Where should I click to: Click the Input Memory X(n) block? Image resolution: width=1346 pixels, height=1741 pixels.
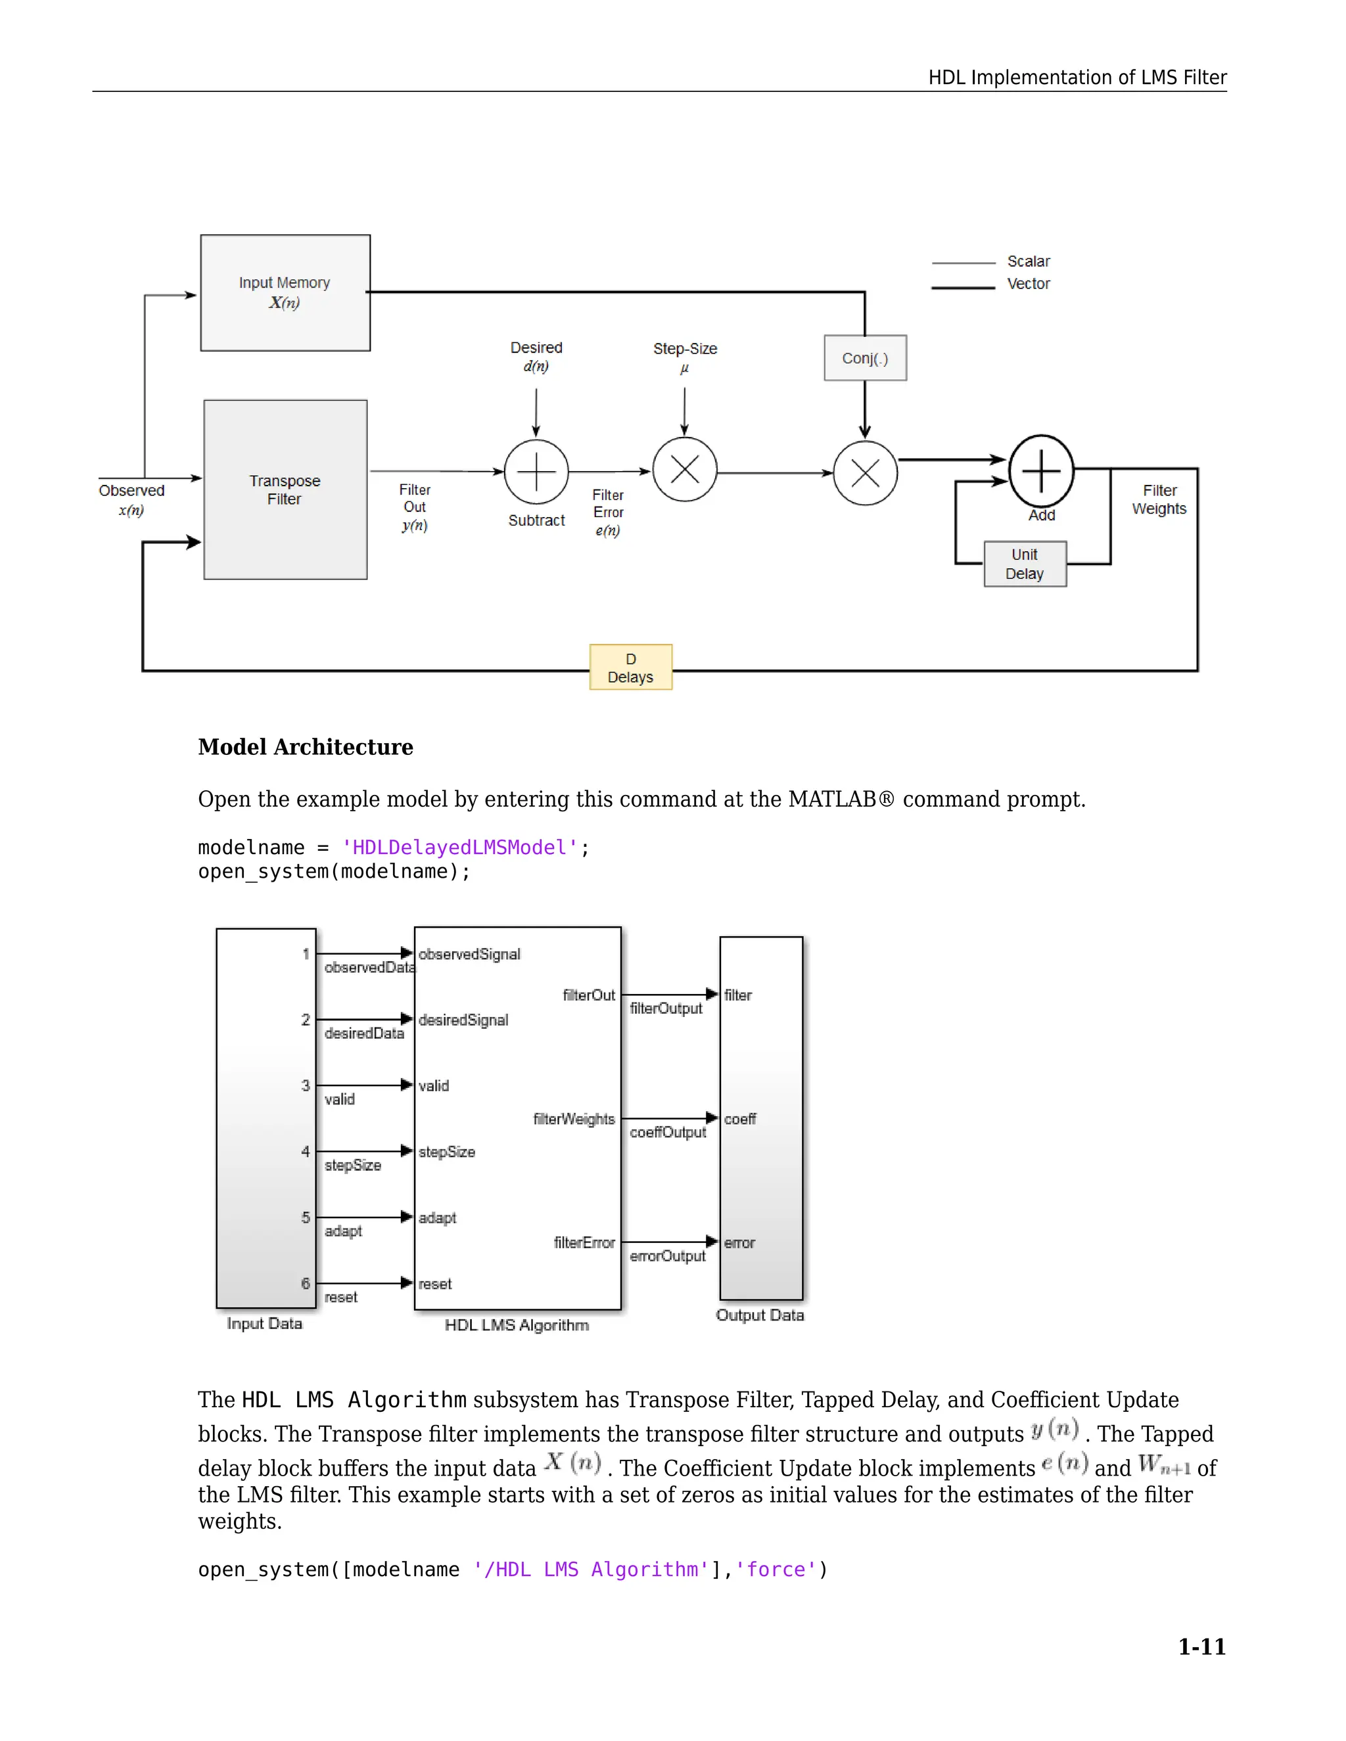click(x=285, y=292)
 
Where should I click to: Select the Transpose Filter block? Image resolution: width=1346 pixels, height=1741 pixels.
click(x=285, y=489)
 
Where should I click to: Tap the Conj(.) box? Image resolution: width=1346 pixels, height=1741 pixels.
click(x=864, y=358)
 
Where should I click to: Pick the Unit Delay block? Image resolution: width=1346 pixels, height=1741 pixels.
click(x=1024, y=564)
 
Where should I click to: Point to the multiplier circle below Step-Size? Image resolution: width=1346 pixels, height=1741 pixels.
click(x=684, y=470)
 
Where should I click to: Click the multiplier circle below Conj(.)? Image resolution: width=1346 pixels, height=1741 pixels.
click(x=864, y=473)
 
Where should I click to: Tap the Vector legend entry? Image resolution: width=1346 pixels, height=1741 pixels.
click(x=1028, y=284)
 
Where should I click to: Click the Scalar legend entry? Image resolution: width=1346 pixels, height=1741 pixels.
click(x=1028, y=261)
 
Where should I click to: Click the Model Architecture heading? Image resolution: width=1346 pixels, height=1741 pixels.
click(x=306, y=747)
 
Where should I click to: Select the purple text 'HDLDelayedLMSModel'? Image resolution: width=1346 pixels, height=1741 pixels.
click(x=459, y=847)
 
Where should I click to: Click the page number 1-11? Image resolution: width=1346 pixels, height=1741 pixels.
click(x=1201, y=1646)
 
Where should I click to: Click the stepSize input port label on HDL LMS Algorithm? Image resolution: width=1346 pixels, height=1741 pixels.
click(x=446, y=1151)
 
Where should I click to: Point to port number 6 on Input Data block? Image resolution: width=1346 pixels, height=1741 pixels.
click(x=306, y=1282)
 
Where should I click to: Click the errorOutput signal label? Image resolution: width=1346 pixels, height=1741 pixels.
click(x=668, y=1255)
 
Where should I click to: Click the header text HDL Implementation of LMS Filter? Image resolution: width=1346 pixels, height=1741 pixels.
click(x=1077, y=78)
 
